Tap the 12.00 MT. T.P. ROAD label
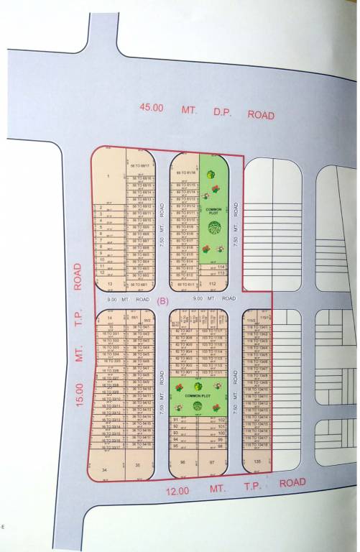(x=231, y=488)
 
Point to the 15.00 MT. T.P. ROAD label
(x=80, y=338)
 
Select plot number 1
(x=109, y=175)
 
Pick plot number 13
(x=110, y=285)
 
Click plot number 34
(x=105, y=469)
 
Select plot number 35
(x=138, y=465)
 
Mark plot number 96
(x=183, y=463)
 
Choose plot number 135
(x=257, y=462)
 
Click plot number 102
(x=221, y=419)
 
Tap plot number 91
(x=176, y=419)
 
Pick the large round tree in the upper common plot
(x=213, y=228)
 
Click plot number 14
(x=110, y=317)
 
